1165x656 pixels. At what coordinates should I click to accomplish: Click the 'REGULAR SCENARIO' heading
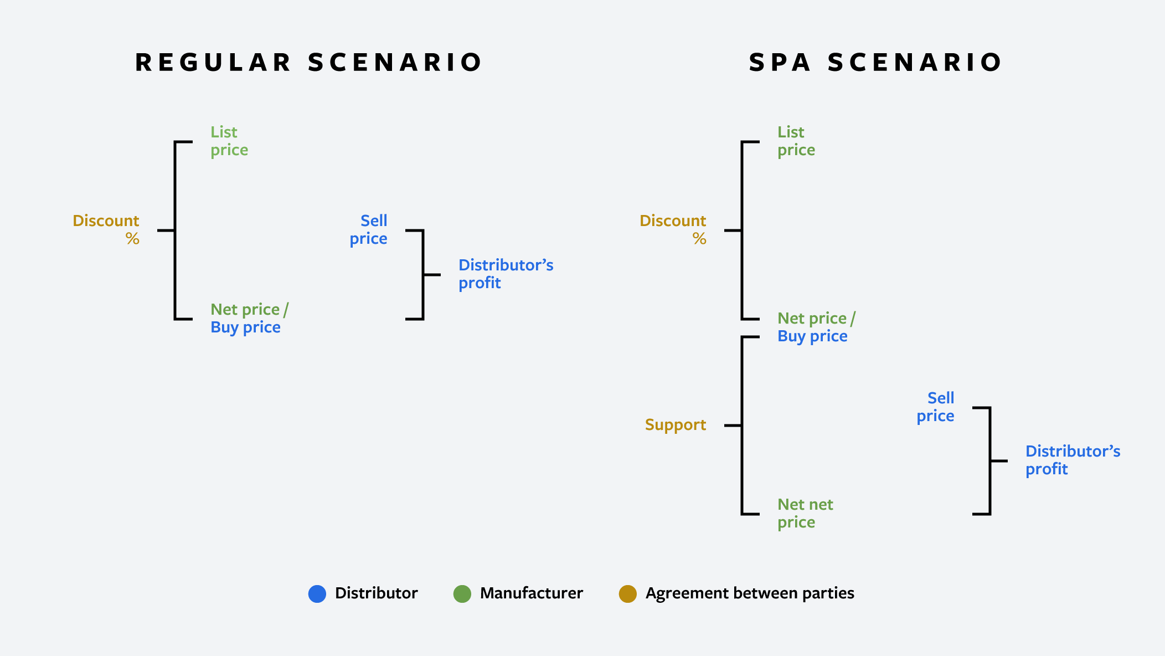coord(309,62)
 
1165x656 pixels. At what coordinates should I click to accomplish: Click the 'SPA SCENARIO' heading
coord(875,62)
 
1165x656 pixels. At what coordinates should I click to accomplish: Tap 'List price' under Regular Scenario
coord(229,141)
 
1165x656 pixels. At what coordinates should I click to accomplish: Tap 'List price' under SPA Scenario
coord(796,141)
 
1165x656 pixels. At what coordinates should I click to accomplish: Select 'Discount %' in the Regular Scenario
coord(106,229)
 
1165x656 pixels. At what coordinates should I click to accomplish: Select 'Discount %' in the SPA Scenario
coord(673,229)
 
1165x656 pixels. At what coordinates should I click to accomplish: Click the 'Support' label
coord(675,425)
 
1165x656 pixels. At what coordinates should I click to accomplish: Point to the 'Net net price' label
coord(805,513)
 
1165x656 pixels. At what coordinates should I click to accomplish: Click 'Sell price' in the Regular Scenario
coord(369,229)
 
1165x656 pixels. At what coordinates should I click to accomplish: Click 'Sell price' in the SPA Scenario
coord(936,407)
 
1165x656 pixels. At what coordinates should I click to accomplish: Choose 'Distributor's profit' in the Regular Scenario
coord(506,274)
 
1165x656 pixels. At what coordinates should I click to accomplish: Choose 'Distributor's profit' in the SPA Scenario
coord(1073,460)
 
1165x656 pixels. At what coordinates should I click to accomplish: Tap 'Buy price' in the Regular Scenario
coord(245,327)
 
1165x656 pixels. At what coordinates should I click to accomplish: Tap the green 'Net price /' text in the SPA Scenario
coord(816,318)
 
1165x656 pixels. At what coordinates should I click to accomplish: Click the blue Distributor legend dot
coord(317,593)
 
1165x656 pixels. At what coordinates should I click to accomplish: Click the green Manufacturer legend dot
coord(462,593)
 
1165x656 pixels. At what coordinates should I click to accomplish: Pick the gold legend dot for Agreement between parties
coord(627,593)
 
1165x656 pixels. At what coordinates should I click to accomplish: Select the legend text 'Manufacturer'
coord(531,593)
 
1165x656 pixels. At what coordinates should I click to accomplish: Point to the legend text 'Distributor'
coord(376,593)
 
